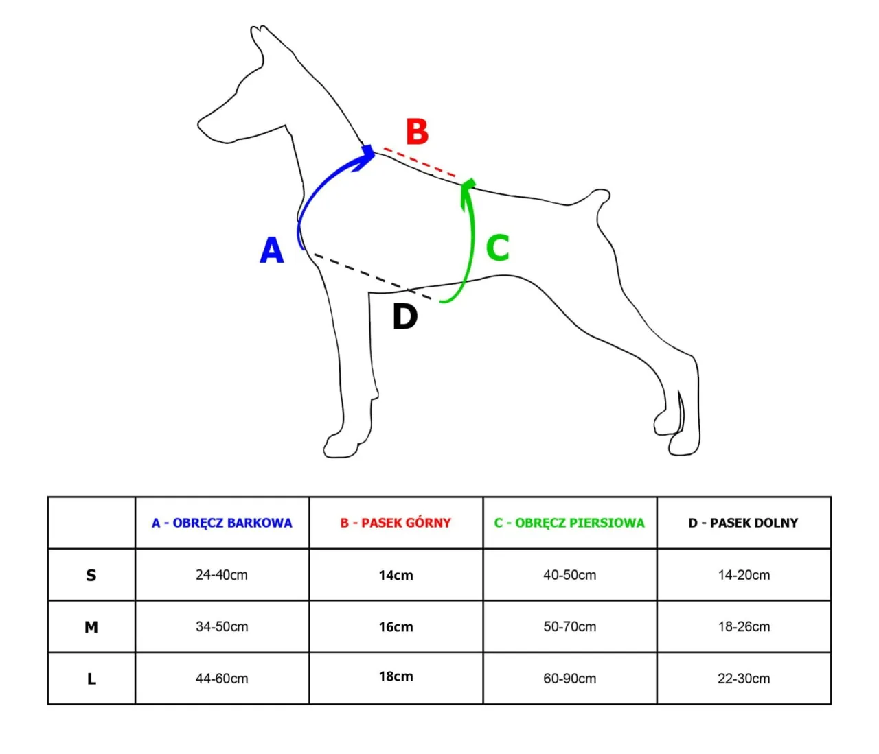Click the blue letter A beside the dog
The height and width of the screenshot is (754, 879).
click(x=272, y=250)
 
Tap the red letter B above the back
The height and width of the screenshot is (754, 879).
click(x=417, y=132)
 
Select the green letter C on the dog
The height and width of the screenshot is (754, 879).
click(x=498, y=248)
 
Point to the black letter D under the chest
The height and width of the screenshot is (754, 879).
click(x=405, y=316)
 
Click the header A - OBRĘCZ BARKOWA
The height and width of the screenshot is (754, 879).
click(x=222, y=523)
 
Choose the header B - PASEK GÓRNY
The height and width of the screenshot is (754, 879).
click(x=396, y=523)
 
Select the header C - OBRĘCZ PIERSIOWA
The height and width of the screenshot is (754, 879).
click(x=569, y=523)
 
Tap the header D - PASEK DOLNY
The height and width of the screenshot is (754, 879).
click(x=744, y=523)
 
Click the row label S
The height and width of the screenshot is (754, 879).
click(x=91, y=575)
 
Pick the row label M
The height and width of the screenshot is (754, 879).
click(x=91, y=627)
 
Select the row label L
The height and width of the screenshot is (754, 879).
click(x=91, y=679)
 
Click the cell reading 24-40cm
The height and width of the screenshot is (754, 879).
click(x=222, y=575)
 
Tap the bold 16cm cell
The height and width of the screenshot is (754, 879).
click(x=396, y=627)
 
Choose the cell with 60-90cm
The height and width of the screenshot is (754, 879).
click(x=570, y=679)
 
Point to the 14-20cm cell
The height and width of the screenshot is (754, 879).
click(x=744, y=575)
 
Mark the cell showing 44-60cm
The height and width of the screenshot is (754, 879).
click(x=222, y=679)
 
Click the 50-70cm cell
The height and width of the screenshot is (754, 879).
click(x=570, y=627)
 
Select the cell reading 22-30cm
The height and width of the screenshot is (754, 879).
click(x=744, y=679)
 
